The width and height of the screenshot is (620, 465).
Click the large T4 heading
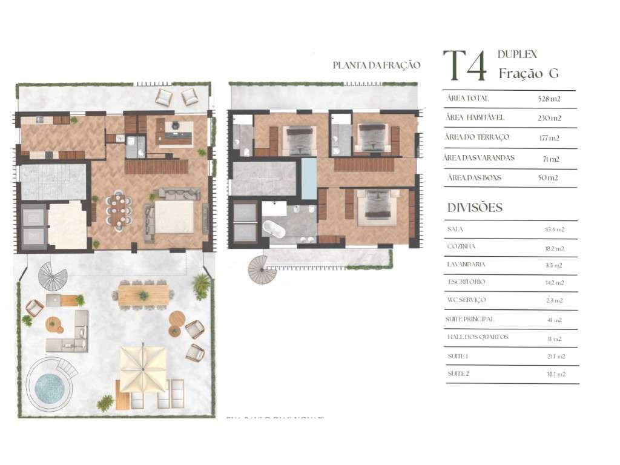465,66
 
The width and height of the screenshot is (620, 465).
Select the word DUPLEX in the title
517,54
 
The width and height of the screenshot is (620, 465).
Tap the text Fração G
528,74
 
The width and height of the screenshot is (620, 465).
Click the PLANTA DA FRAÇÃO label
376,65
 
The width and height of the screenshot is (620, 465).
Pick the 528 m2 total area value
549,99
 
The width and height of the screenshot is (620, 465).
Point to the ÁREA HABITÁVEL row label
475,117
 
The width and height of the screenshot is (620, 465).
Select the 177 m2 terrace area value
549,138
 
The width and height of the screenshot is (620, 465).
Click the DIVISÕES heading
475,208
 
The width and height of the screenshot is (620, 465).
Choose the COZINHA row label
461,247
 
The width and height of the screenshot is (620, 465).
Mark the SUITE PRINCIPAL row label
470,319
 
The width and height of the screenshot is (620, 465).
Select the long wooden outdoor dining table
143,295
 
